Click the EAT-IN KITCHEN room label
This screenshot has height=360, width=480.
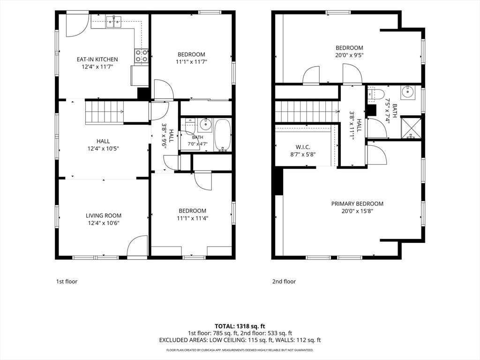pyautogui.click(x=97, y=60)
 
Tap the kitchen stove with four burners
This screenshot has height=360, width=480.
pyautogui.click(x=142, y=57)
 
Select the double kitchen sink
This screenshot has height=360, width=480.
pyautogui.click(x=113, y=22)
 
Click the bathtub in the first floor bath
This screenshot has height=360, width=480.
pyautogui.click(x=223, y=135)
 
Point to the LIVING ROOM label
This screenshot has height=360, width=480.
pyautogui.click(x=104, y=216)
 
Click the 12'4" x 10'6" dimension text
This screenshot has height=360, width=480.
pyautogui.click(x=104, y=223)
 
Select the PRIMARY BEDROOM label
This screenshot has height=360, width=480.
pyautogui.click(x=357, y=203)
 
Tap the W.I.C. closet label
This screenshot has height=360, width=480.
pyautogui.click(x=303, y=147)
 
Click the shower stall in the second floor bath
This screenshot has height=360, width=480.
pyautogui.click(x=411, y=127)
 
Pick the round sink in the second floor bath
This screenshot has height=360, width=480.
pyautogui.click(x=408, y=91)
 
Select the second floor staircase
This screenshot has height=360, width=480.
pyautogui.click(x=307, y=112)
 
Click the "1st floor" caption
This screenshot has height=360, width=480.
pyautogui.click(x=67, y=282)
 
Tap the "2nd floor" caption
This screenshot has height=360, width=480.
pyautogui.click(x=284, y=282)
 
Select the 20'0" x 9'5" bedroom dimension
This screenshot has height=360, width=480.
pyautogui.click(x=349, y=55)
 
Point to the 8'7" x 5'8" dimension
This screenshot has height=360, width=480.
pyautogui.click(x=303, y=155)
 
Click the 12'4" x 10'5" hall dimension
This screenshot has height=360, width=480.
pyautogui.click(x=103, y=149)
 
